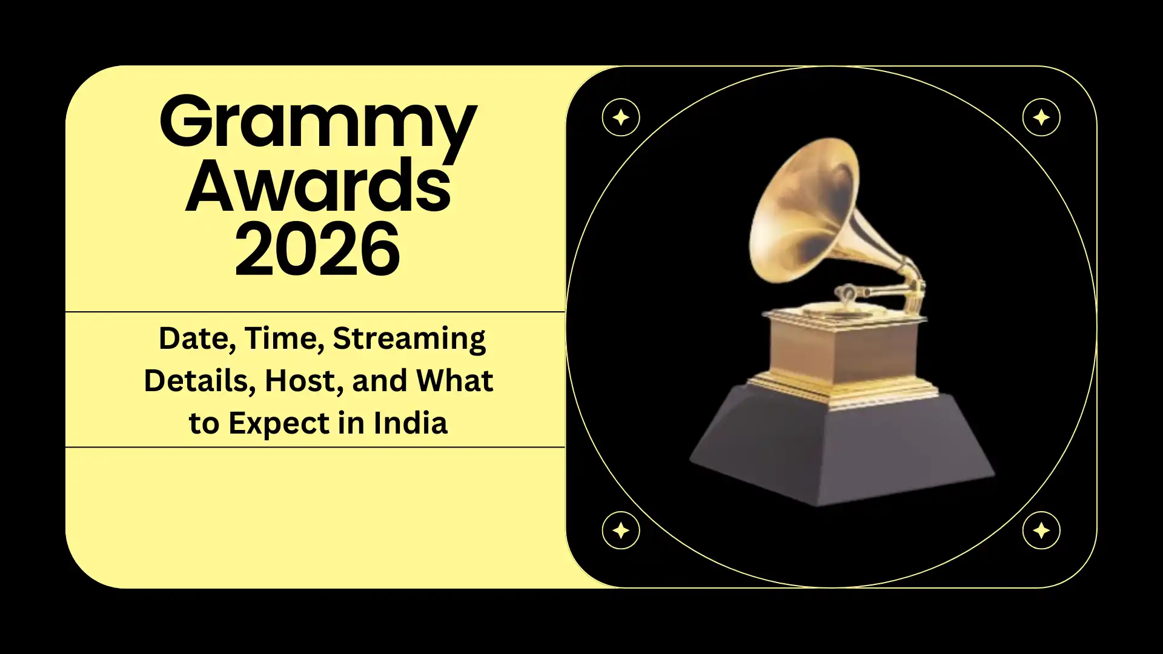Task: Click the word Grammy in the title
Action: (x=317, y=124)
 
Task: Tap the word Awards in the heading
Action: (x=317, y=187)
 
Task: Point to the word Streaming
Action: (x=409, y=339)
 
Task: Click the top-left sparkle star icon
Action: (x=620, y=117)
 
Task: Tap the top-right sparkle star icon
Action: (x=1041, y=117)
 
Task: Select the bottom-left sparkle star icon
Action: (x=620, y=530)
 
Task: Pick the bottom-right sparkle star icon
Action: (x=1041, y=530)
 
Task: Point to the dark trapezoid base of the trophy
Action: (x=842, y=448)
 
